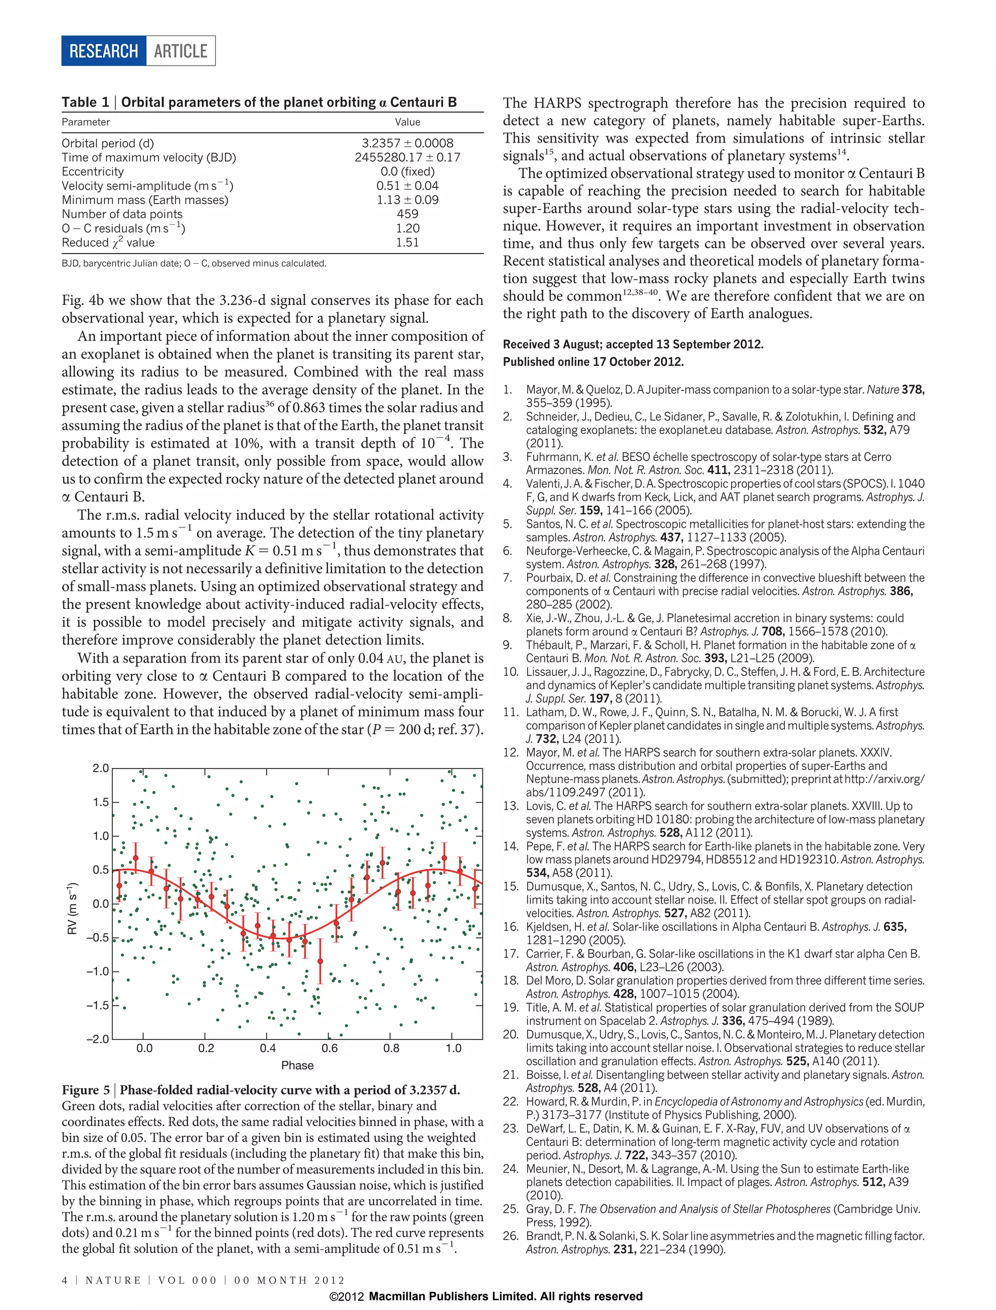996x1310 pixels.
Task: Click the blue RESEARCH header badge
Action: click(x=103, y=51)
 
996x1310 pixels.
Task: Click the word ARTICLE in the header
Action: click(x=180, y=51)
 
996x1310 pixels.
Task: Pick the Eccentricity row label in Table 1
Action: click(x=93, y=171)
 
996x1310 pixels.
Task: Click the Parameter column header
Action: click(x=86, y=122)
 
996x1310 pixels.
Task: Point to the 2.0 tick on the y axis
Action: click(x=101, y=768)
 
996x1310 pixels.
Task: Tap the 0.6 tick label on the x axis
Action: click(x=330, y=1048)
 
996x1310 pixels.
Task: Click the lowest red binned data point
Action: click(x=320, y=961)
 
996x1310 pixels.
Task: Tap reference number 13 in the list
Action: click(x=511, y=806)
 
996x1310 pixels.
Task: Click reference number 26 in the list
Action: click(x=511, y=1236)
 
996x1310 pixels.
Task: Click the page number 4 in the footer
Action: click(x=65, y=1280)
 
